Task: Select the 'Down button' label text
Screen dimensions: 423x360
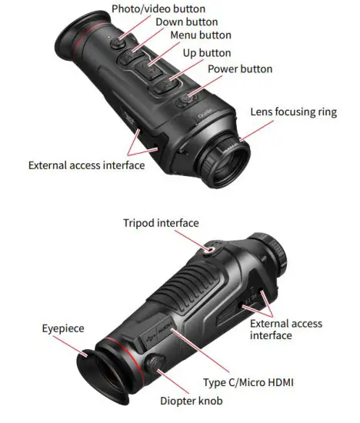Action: pyautogui.click(x=186, y=22)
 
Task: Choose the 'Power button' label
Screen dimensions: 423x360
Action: pyautogui.click(x=239, y=69)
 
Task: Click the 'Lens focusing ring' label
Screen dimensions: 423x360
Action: pyautogui.click(x=293, y=112)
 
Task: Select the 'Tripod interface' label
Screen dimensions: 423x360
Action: pyautogui.click(x=161, y=223)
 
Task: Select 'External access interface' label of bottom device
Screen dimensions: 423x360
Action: pyautogui.click(x=286, y=330)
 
